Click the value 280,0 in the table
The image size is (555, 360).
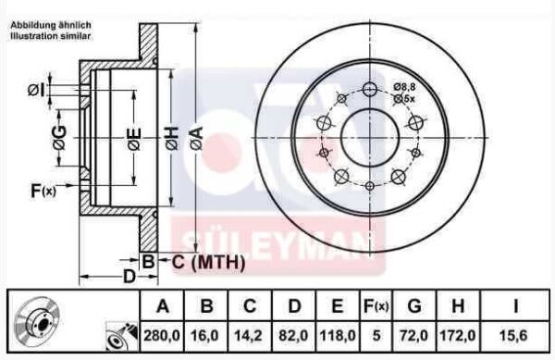(163, 332)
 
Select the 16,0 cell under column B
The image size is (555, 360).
(208, 332)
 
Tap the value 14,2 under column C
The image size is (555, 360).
(251, 332)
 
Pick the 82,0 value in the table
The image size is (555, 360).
(294, 332)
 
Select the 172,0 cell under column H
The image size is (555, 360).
(458, 332)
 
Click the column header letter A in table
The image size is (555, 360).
(163, 304)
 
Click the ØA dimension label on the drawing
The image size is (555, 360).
(195, 139)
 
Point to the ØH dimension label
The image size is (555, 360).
(170, 139)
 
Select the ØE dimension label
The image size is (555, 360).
(134, 140)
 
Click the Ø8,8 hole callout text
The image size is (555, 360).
(405, 86)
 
